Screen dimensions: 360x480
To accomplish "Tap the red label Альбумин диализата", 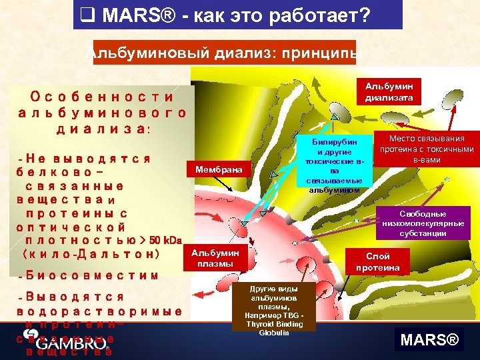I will (x=389, y=92).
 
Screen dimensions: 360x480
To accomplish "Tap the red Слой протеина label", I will (x=378, y=261).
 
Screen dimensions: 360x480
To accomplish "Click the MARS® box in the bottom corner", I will (x=430, y=341).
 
